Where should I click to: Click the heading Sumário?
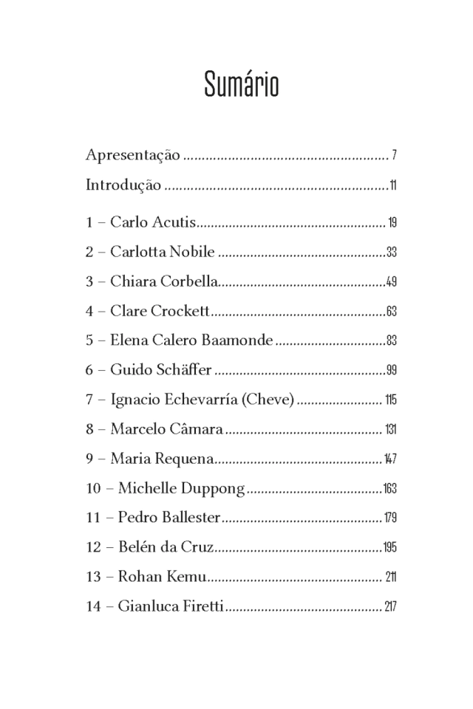pos(241,85)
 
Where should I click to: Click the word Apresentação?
pos(132,155)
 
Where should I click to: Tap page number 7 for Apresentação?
pos(395,156)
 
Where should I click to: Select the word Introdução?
pos(123,185)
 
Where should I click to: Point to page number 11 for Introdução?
pos(393,185)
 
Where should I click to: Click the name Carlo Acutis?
pos(153,222)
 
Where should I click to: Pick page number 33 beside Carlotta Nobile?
pos(392,253)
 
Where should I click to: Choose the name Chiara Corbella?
pos(164,281)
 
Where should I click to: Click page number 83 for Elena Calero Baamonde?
pos(392,341)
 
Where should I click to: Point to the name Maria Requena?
pos(162,459)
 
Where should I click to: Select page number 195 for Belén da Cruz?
pos(390,548)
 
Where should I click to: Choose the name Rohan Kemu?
pos(161,577)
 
